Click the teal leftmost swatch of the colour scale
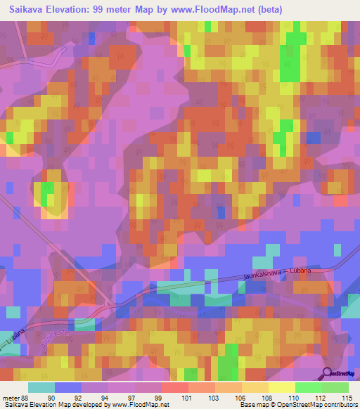[x=41, y=387]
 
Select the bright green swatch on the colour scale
[x=308, y=387]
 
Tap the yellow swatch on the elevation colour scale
[x=281, y=387]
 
